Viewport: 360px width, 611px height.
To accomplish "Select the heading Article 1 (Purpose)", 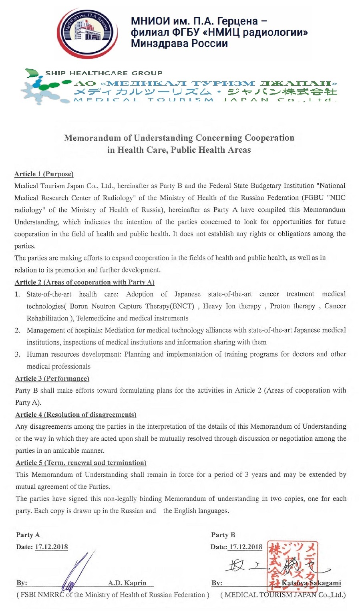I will click(x=44, y=174).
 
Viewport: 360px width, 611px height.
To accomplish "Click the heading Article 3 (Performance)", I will click(x=52, y=379).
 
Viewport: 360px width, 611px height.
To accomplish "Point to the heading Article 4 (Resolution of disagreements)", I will click(x=76, y=415).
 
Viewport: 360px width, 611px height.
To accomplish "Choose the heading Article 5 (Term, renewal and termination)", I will click(x=81, y=463).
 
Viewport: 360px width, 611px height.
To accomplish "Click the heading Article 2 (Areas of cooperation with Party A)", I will click(x=84, y=282).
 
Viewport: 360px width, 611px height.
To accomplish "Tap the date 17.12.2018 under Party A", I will click(x=51, y=547).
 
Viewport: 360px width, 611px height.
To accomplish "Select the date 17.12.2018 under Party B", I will click(x=245, y=547).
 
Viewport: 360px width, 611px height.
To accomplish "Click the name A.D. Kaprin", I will click(x=127, y=583).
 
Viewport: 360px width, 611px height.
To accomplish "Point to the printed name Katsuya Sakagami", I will click(x=311, y=583).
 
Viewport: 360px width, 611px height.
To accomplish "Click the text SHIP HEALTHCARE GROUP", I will click(x=104, y=73).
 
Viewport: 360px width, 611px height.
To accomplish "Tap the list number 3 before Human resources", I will click(x=18, y=354).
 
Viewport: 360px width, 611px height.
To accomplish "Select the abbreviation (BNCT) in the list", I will click(x=182, y=306).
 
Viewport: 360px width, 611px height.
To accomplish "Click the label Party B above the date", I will click(x=223, y=535).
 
